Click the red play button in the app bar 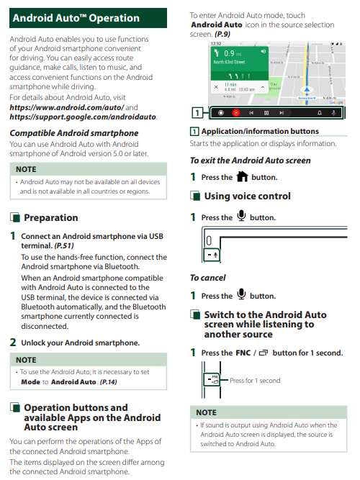tap(236, 113)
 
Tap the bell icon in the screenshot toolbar tap(320, 113)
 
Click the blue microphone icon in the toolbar tap(334, 113)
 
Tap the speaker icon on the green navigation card tap(263, 51)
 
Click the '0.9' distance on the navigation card tap(229, 53)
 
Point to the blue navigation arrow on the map tap(307, 90)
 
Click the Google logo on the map tap(336, 102)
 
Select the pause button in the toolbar tap(266, 113)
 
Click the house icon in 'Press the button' tap(242, 176)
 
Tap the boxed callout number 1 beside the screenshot tap(197, 113)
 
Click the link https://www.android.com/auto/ tap(67, 107)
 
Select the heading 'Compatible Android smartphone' tap(74, 133)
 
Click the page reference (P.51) tap(64, 245)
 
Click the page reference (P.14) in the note tap(109, 382)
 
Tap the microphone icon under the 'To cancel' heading tap(241, 294)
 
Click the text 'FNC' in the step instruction tap(243, 353)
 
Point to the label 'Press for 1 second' tap(255, 381)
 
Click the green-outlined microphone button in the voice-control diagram tap(212, 255)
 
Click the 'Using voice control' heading tap(247, 196)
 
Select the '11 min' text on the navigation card tap(230, 84)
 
